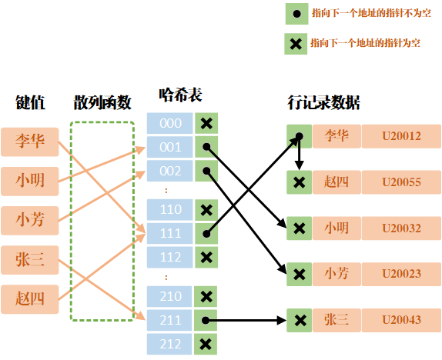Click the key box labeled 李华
pyautogui.click(x=30, y=142)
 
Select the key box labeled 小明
pyautogui.click(x=30, y=182)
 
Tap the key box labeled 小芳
pyautogui.click(x=30, y=221)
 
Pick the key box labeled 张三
pyautogui.click(x=30, y=260)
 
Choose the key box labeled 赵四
pyautogui.click(x=30, y=299)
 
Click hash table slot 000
pyautogui.click(x=170, y=123)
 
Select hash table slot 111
pyautogui.click(x=170, y=233)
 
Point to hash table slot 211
pyautogui.click(x=170, y=320)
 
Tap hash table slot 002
pyautogui.click(x=170, y=171)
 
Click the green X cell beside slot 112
pyautogui.click(x=206, y=257)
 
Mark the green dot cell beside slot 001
pyautogui.click(x=206, y=147)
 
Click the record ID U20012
pyautogui.click(x=401, y=136)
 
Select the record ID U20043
pyautogui.click(x=401, y=320)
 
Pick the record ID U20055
pyautogui.click(x=401, y=182)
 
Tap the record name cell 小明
pyautogui.click(x=337, y=228)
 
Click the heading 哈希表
pyautogui.click(x=179, y=95)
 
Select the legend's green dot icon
pyautogui.click(x=295, y=14)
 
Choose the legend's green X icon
pyautogui.click(x=295, y=44)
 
